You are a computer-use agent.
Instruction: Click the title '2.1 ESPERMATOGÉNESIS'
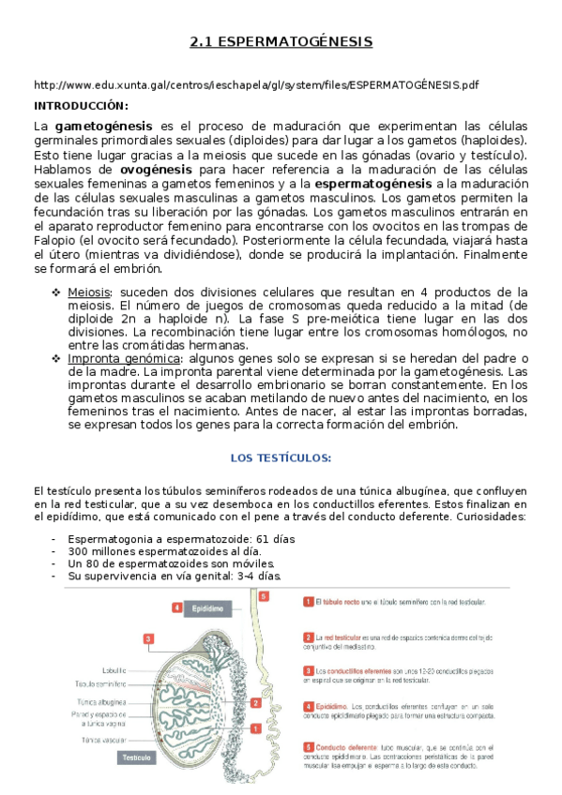pyautogui.click(x=281, y=42)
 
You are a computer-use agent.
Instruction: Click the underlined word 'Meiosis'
pyautogui.click(x=89, y=292)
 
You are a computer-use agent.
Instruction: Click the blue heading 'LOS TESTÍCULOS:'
pyautogui.click(x=281, y=457)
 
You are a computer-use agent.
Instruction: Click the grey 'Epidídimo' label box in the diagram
pyautogui.click(x=207, y=607)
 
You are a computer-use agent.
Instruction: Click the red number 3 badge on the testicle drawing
pyautogui.click(x=148, y=639)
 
